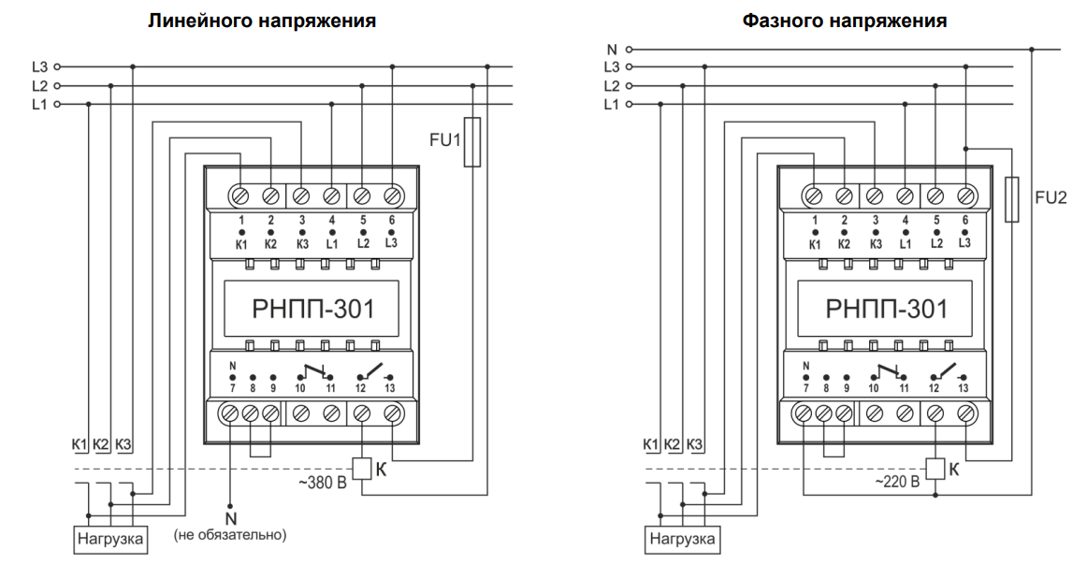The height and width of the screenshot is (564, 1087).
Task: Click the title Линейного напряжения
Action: coord(262,21)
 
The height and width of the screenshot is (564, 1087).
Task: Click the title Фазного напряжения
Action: coord(845,21)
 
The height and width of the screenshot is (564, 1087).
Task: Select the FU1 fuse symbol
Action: coord(472,142)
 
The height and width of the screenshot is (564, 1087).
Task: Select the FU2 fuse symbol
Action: coord(1012,199)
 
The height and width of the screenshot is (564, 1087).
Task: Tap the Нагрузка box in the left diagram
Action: coord(111,539)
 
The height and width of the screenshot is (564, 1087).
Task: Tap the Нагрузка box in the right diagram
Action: coord(683,539)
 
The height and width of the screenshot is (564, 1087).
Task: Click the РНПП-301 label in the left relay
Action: coord(312,309)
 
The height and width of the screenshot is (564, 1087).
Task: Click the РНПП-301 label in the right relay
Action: coord(886,309)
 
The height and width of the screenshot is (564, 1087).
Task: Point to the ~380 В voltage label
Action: coord(323,483)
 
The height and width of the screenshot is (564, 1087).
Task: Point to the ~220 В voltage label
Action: coord(896,483)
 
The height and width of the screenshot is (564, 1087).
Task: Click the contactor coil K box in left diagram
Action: coord(362,470)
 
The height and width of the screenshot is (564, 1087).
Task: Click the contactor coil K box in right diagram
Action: coord(935,470)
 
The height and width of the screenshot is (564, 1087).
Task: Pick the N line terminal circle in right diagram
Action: coord(630,50)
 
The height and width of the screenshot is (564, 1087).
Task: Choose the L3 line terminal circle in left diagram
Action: coord(58,67)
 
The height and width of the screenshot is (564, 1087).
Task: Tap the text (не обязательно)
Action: coord(230,535)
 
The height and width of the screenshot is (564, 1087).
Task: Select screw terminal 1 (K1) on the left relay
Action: coord(240,196)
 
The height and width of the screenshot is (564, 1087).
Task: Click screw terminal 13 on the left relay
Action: coord(392,413)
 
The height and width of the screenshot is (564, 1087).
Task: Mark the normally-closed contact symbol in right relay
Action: coord(889,373)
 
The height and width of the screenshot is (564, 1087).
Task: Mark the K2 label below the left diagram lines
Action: coord(101,444)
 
